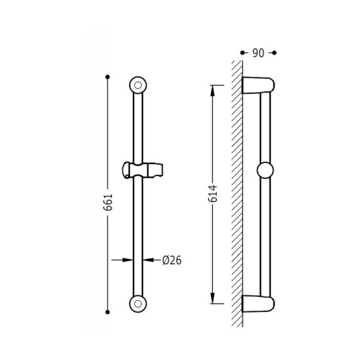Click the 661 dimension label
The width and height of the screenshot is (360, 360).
(108, 202)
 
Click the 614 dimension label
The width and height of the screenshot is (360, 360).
(213, 194)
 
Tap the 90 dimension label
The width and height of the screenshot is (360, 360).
(258, 53)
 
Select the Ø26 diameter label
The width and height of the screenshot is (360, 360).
(171, 260)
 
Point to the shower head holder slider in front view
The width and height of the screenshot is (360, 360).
(143, 170)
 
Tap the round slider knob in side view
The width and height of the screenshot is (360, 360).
(265, 170)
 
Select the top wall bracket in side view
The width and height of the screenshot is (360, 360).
(258, 85)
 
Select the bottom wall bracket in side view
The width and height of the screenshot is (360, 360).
(258, 304)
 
